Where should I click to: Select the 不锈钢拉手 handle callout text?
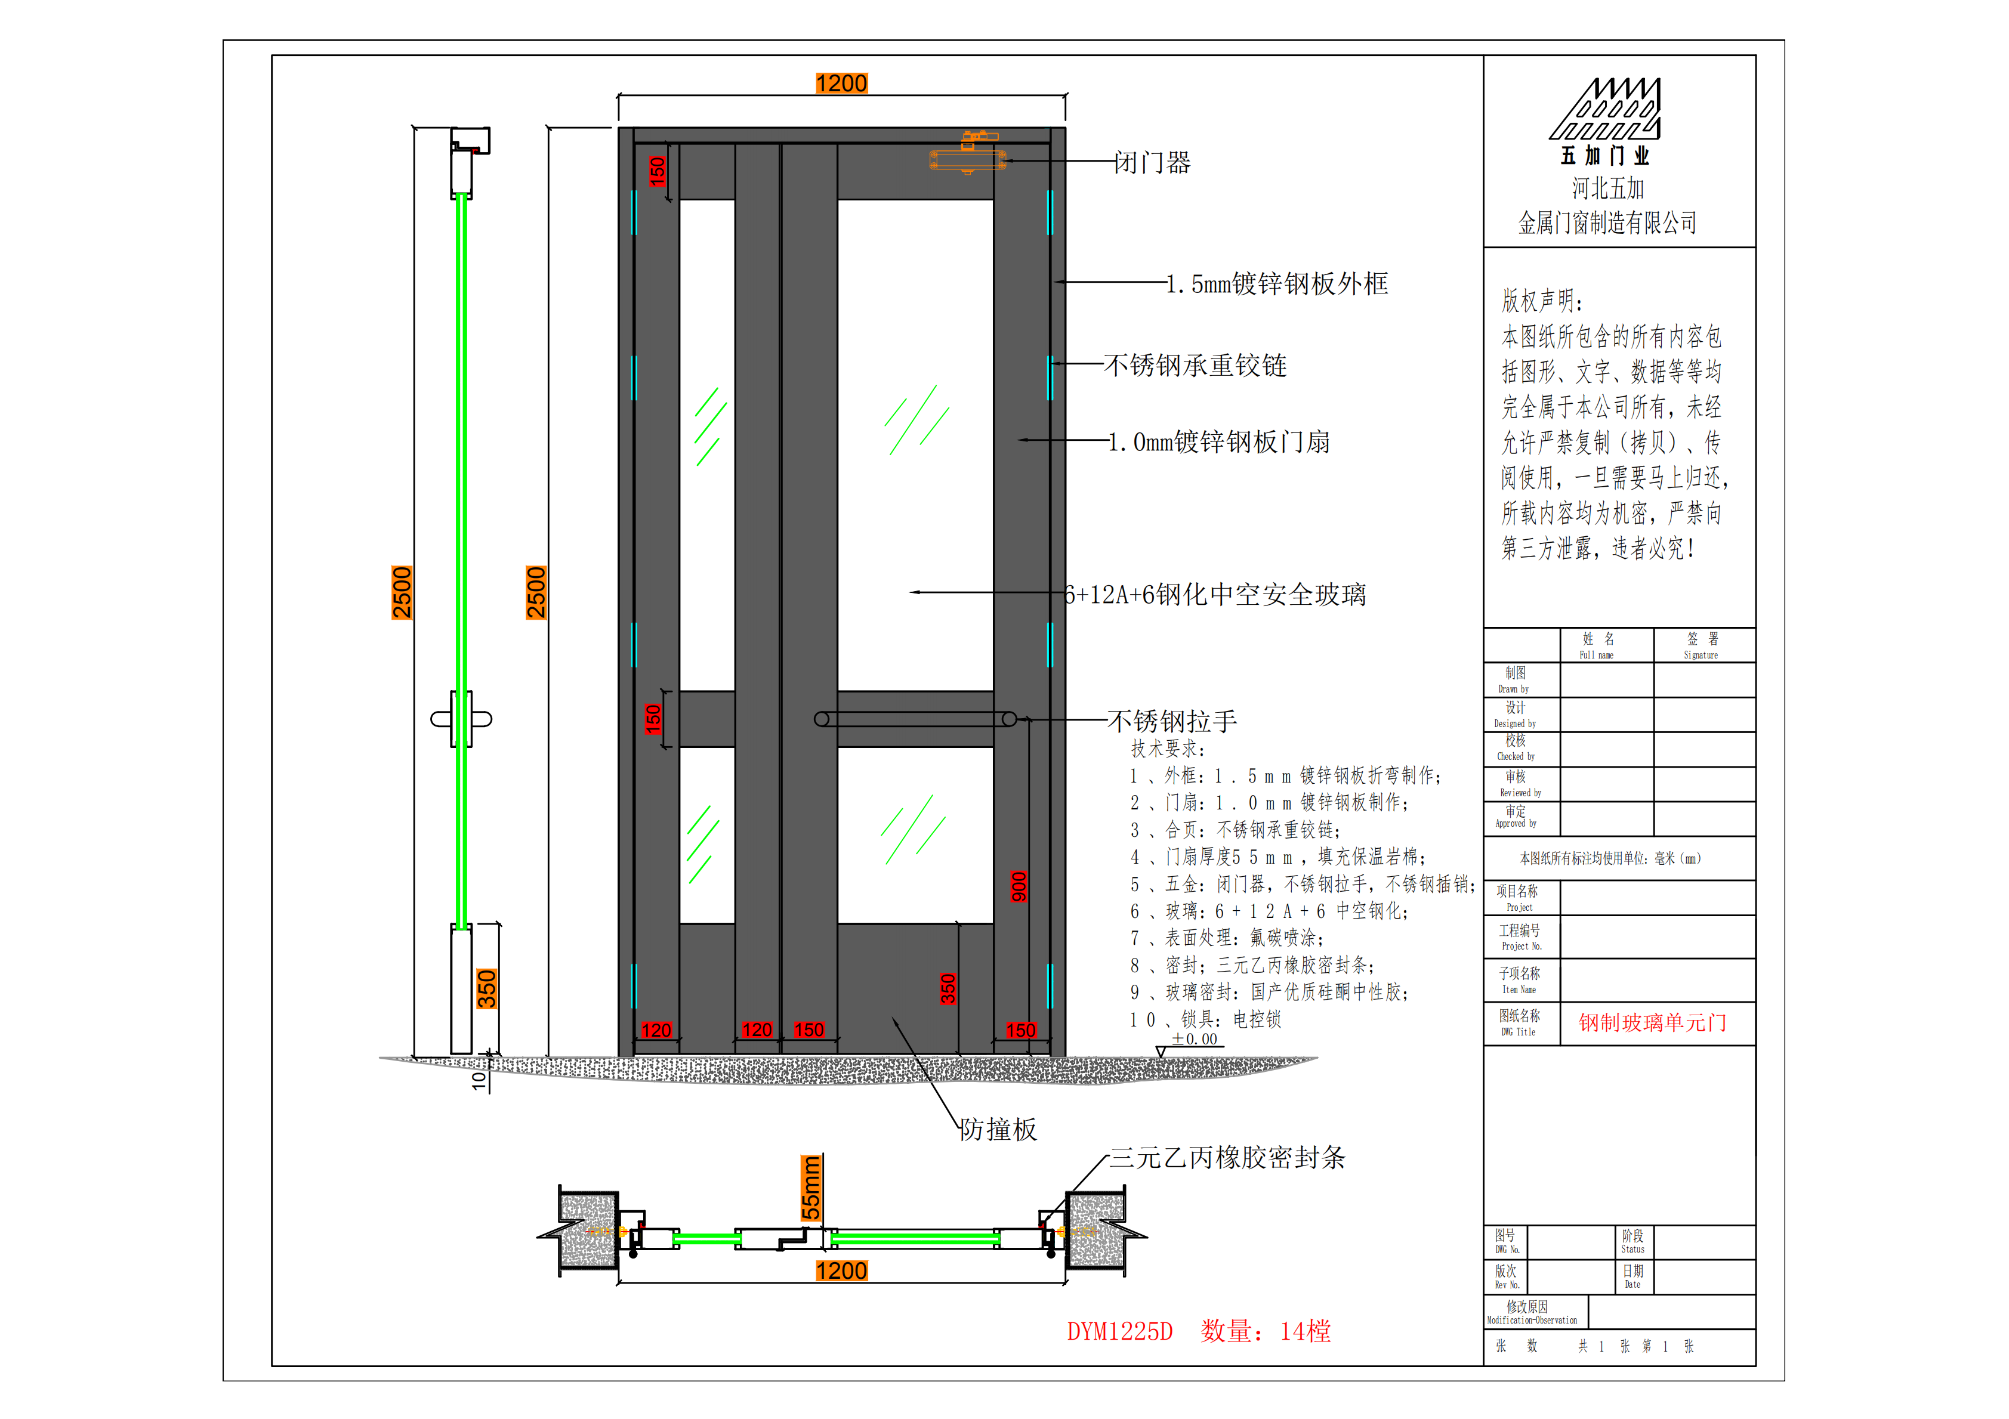pos(1172,721)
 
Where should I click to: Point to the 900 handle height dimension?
pos(1019,886)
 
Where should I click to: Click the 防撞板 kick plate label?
pos(998,1130)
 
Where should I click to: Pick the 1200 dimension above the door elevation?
pos(842,83)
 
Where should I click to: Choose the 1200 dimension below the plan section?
pos(842,1270)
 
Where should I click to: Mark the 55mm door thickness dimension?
pos(812,1188)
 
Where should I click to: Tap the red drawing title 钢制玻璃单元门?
pos(1653,1023)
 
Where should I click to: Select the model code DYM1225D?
pos(1120,1331)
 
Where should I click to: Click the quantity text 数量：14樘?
pos(1266,1331)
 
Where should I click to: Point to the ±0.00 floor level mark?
pos(1195,1038)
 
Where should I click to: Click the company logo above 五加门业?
pos(1606,109)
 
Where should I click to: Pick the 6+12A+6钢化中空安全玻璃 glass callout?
pos(1215,595)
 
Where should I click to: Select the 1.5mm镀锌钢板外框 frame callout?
pos(1277,283)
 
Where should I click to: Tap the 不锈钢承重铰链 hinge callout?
pos(1195,366)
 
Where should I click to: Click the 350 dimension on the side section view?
pos(486,988)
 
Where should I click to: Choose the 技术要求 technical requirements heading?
pos(1168,749)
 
